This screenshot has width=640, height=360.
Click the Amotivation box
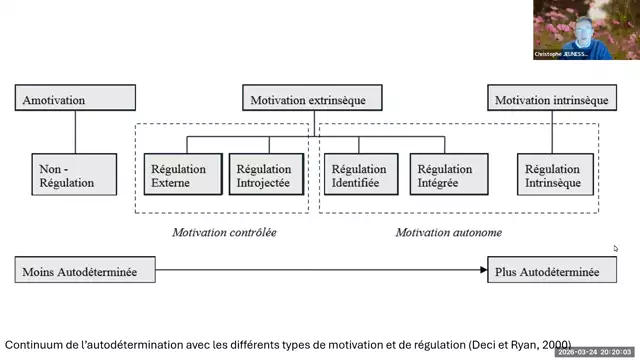(76, 100)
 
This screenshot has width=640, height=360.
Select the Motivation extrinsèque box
(314, 100)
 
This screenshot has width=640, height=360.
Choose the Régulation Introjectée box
(264, 176)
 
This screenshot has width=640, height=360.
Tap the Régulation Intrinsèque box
(552, 176)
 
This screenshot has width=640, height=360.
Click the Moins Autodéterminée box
(88, 271)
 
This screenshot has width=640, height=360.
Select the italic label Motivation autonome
(448, 233)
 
